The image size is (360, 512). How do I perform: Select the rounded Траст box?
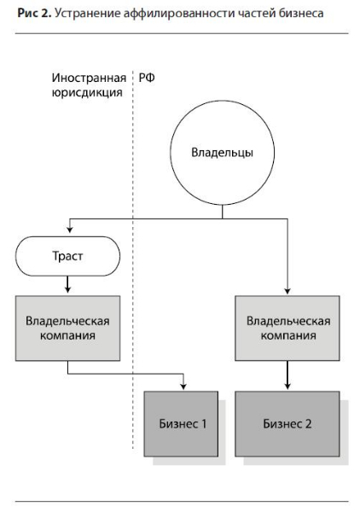click(67, 256)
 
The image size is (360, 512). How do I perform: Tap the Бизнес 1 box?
click(181, 423)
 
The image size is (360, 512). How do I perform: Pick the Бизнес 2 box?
click(287, 423)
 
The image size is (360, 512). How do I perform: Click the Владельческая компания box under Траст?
click(67, 329)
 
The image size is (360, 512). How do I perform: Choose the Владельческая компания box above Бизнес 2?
click(287, 329)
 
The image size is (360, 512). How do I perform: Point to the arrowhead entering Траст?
click(69, 230)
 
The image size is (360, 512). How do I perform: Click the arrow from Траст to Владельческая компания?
click(67, 284)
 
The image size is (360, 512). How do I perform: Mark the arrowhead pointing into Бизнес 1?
click(183, 387)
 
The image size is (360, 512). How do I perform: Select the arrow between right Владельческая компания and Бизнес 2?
click(287, 375)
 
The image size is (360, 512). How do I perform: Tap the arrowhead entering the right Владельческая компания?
click(287, 291)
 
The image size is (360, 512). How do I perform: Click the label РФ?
click(147, 78)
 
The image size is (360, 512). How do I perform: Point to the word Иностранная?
click(89, 78)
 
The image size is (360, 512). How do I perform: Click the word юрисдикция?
click(87, 92)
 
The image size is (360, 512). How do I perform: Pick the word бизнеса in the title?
click(302, 14)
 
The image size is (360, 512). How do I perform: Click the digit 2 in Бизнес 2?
click(308, 423)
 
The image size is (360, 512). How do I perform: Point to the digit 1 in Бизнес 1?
click(204, 423)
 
